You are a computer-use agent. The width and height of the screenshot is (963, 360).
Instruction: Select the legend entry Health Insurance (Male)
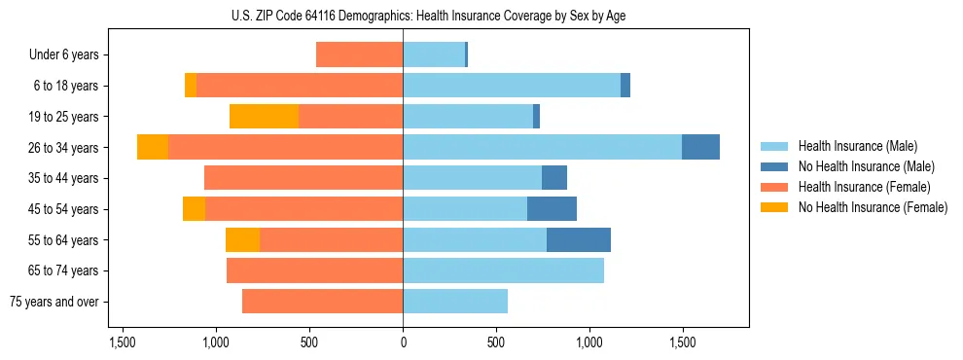coord(857,146)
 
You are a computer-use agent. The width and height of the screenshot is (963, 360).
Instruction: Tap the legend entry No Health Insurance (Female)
coord(872,207)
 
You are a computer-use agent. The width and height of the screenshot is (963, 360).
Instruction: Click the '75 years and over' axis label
coord(53,302)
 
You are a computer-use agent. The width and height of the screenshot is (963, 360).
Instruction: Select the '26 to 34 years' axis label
coord(65,148)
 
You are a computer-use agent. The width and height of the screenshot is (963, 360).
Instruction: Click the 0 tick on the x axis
coord(403,343)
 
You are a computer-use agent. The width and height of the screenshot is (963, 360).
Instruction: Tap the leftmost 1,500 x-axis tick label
coord(123,343)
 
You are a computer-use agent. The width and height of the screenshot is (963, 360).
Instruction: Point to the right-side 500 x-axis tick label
coord(496,343)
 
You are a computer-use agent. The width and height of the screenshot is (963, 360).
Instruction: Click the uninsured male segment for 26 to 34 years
coord(700,147)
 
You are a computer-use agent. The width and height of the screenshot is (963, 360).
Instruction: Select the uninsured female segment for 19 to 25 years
coord(264,117)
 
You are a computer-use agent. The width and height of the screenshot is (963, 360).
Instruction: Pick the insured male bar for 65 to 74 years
coord(503,270)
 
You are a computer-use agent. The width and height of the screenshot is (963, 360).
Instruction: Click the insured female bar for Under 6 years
coord(359,55)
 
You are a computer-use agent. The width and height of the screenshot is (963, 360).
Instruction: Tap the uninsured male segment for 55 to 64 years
coord(579,239)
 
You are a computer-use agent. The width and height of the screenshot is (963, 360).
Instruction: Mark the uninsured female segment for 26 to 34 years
coord(153,147)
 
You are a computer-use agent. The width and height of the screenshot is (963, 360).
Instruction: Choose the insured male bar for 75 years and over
coord(455,302)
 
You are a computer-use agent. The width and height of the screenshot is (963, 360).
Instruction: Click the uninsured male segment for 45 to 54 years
coord(552,209)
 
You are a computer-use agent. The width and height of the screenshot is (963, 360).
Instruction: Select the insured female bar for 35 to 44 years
coord(303,178)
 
